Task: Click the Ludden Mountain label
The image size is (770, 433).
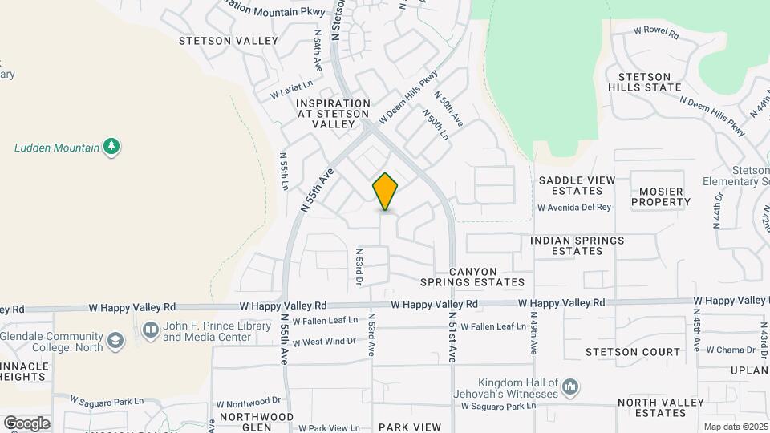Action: (x=56, y=148)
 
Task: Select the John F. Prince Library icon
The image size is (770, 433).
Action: (x=150, y=330)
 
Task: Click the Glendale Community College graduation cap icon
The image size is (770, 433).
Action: (x=115, y=342)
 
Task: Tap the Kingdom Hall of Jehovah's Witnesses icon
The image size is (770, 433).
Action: (x=570, y=388)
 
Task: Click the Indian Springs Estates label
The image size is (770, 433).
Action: (x=577, y=245)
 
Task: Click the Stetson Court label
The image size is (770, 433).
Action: (x=633, y=351)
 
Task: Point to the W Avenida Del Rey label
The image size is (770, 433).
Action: (x=574, y=208)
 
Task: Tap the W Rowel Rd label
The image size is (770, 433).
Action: (x=656, y=34)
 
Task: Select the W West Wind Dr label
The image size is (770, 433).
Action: (x=324, y=342)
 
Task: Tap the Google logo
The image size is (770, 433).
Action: (x=26, y=423)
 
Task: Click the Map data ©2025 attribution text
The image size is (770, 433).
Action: (x=736, y=427)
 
